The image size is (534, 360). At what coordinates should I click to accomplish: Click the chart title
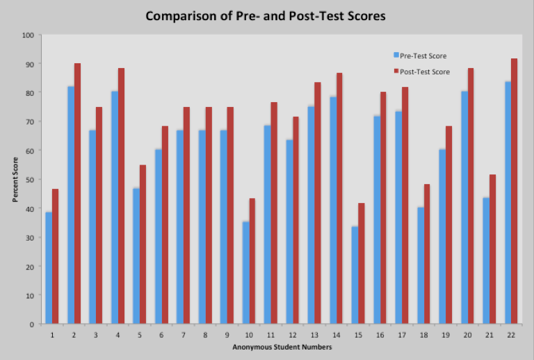tap(265, 15)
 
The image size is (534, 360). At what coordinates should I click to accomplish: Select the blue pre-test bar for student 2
tap(71, 205)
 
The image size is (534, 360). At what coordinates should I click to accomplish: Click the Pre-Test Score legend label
tap(423, 56)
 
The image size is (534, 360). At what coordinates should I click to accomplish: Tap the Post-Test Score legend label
tap(425, 72)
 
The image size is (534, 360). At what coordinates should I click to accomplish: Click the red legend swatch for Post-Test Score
tap(396, 72)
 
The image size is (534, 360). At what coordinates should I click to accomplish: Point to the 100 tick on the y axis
tap(28, 35)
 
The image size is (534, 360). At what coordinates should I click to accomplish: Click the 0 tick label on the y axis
tap(31, 325)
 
